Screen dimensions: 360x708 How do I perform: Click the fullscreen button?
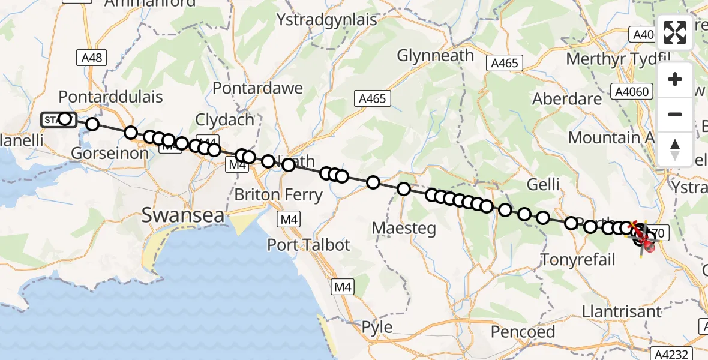tap(675, 32)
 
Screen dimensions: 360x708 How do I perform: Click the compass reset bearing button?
tap(675, 149)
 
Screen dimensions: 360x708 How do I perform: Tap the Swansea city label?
tap(183, 215)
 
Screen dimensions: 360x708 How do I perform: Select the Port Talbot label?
tap(308, 245)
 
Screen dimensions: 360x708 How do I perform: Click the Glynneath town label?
tap(436, 56)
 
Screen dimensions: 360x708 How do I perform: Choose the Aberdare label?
tap(567, 99)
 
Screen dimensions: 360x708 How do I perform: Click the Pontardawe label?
tap(257, 88)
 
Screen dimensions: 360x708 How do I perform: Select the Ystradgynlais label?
tap(326, 20)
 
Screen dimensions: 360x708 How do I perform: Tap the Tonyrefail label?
tap(578, 260)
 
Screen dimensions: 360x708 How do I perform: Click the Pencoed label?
tap(523, 331)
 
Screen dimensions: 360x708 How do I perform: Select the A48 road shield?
tap(92, 58)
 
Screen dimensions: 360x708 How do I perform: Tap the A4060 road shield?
tap(629, 91)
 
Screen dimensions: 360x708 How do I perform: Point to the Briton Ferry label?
tap(278, 195)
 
